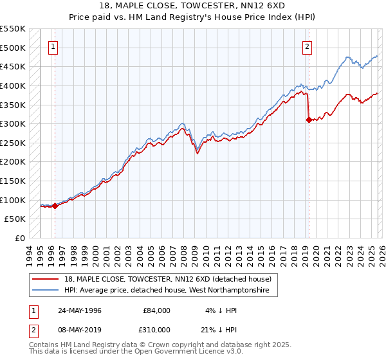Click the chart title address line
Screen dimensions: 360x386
coord(193,5)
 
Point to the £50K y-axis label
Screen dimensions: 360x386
coord(15,219)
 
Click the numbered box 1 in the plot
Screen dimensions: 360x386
coord(53,46)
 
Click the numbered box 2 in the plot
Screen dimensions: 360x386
coord(308,46)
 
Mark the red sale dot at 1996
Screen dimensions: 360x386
coord(55,206)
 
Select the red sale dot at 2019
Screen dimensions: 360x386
coord(309,120)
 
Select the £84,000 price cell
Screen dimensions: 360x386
coord(156,310)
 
